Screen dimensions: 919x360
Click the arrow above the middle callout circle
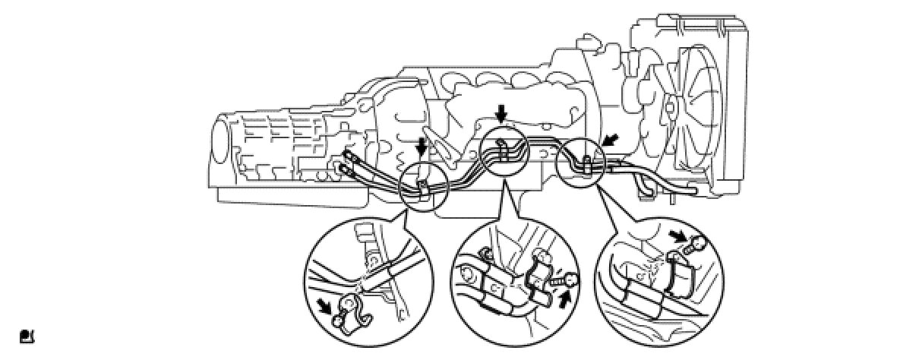[500, 115]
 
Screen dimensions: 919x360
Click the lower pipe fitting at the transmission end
[349, 170]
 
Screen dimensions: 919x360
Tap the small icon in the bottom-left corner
[27, 335]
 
